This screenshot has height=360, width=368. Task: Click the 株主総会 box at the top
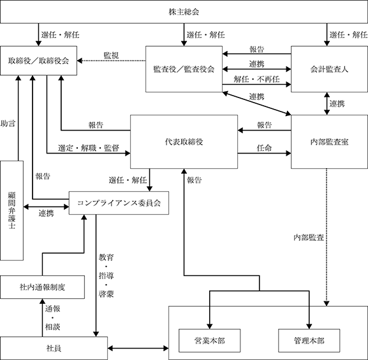point(184,11)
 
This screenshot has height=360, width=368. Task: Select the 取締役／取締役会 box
point(38,61)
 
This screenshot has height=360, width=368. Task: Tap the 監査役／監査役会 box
point(184,69)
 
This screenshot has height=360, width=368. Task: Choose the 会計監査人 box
point(329,69)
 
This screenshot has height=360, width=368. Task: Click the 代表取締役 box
point(184,141)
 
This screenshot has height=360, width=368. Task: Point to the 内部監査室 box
point(329,141)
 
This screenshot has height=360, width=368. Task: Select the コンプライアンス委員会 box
point(119,203)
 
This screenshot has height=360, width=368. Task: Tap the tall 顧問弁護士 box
point(11,210)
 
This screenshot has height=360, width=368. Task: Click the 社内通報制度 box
point(43,287)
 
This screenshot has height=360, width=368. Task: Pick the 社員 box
point(54,349)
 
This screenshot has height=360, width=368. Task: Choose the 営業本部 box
point(210,340)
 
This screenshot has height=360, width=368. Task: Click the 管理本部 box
point(309,340)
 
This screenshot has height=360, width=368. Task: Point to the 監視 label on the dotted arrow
point(111,55)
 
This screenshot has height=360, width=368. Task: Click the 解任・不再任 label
point(256,79)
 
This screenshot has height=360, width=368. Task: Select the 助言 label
point(8,124)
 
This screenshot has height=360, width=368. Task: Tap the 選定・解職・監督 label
point(89,148)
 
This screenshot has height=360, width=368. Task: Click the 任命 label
point(264,148)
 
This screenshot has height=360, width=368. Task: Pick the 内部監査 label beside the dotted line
point(309,238)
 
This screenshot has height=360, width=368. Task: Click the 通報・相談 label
point(52,318)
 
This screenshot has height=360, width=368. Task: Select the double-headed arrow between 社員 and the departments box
point(138,349)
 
